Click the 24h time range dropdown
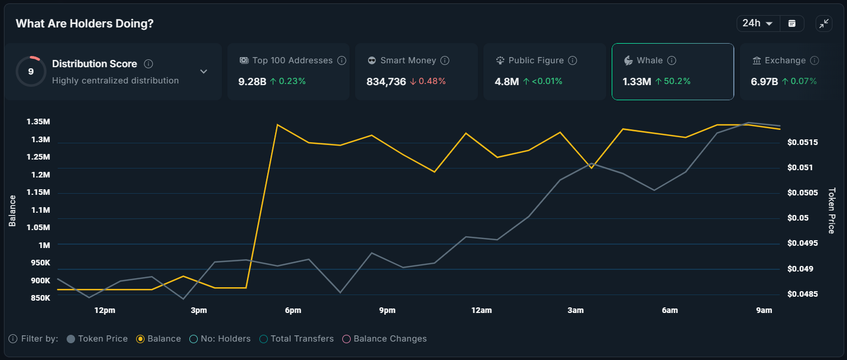pos(757,24)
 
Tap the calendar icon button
pos(792,24)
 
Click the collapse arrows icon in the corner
pos(823,24)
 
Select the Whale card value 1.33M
pos(637,81)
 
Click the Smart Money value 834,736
pos(386,81)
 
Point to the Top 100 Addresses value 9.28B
pos(252,81)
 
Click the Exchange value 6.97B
pos(764,81)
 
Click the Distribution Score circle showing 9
pos(31,72)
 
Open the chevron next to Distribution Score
pos(204,72)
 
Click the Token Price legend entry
pos(97,339)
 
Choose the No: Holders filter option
pos(220,339)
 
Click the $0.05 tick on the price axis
pos(796,218)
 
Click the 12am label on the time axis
pos(481,310)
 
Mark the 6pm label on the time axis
pos(292,310)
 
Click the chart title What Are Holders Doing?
pos(85,24)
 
